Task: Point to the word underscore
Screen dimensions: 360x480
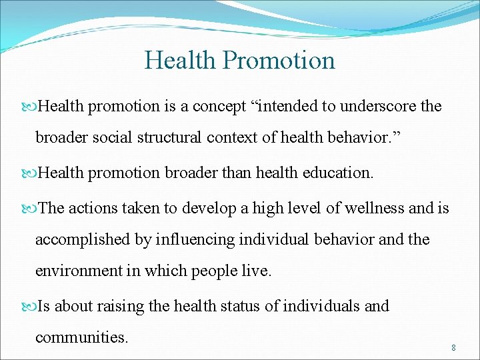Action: pyautogui.click(x=379, y=107)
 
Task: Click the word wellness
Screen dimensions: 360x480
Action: pyautogui.click(x=375, y=209)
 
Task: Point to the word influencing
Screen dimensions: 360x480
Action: pyautogui.click(x=189, y=239)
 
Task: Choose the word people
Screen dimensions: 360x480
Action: pyautogui.click(x=214, y=271)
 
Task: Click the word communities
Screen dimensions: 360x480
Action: pyautogui.click(x=81, y=337)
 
